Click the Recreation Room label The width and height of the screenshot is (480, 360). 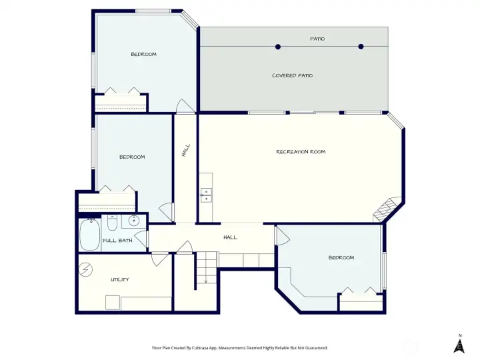click(x=301, y=152)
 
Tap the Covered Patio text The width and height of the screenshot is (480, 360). click(x=293, y=75)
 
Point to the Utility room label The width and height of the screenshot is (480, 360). click(x=120, y=279)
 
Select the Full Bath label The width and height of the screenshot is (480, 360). click(x=117, y=241)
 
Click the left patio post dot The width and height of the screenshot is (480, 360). click(x=278, y=47)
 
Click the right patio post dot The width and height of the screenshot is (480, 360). click(x=361, y=47)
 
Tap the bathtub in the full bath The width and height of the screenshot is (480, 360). click(x=90, y=235)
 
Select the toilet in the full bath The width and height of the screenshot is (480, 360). click(x=112, y=223)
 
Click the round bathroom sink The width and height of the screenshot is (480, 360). click(x=134, y=220)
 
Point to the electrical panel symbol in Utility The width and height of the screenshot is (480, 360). click(x=86, y=270)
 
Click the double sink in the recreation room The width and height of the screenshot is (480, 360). click(x=206, y=195)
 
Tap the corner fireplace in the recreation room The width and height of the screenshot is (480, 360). click(x=385, y=210)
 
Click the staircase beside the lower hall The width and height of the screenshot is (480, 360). click(x=207, y=267)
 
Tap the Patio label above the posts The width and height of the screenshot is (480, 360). click(x=317, y=39)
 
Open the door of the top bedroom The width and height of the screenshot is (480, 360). click(x=185, y=106)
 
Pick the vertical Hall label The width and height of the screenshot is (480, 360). click(x=186, y=151)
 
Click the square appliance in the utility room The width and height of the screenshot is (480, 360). click(x=113, y=303)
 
